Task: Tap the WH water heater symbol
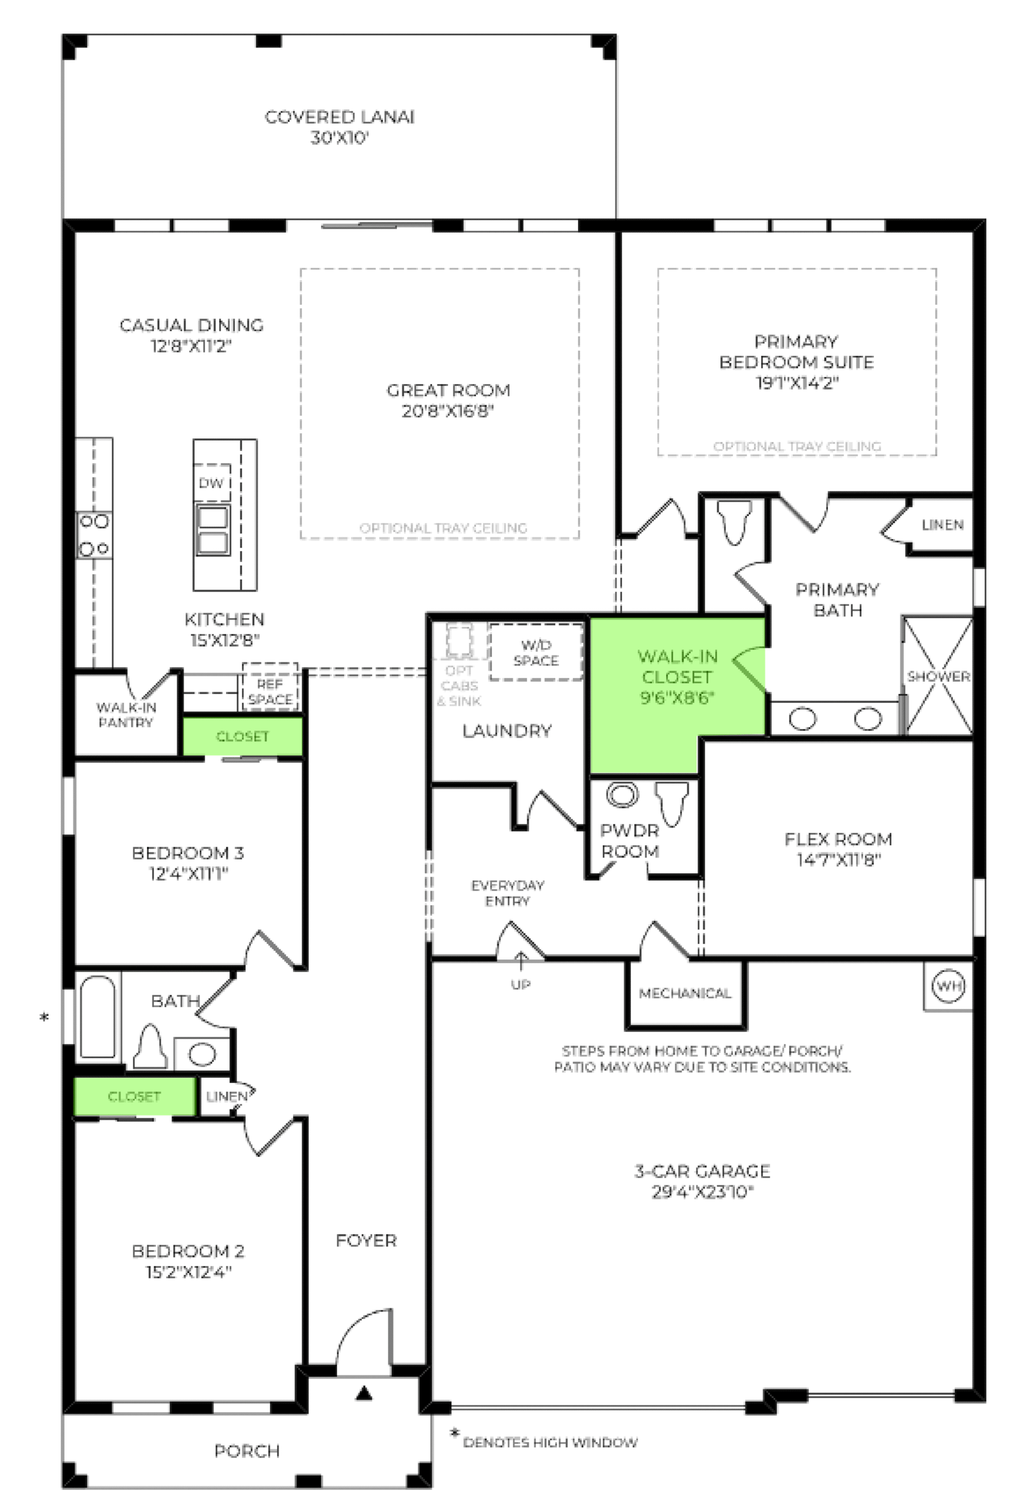pos(948,985)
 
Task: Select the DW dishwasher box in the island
pos(211,483)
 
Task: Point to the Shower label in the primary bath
pos(938,676)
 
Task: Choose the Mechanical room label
pos(685,994)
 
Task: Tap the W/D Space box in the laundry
pos(536,652)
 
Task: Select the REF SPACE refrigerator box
pos(270,686)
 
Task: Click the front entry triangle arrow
pos(365,1393)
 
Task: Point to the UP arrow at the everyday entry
pos(520,961)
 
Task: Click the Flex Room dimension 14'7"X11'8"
pos(838,860)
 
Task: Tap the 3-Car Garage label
pos(702,1171)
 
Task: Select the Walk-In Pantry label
pos(126,714)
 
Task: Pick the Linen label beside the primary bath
pos(943,524)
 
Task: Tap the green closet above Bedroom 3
pos(242,736)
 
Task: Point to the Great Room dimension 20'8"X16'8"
pos(448,411)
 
